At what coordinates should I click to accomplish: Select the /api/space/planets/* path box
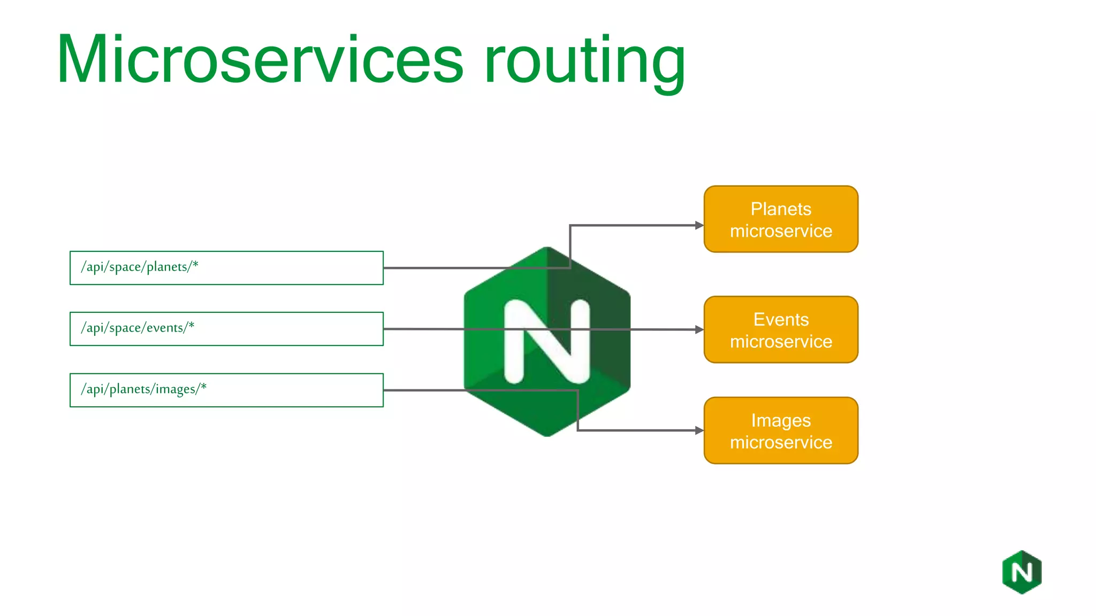click(226, 268)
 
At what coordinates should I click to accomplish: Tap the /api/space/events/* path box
click(226, 329)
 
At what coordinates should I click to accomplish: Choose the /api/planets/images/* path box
click(226, 390)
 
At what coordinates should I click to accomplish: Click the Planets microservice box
click(781, 219)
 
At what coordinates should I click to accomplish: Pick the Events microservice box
click(781, 329)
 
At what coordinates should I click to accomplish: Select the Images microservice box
click(781, 430)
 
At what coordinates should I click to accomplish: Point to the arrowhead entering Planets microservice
click(699, 226)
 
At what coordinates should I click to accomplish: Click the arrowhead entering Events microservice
click(699, 330)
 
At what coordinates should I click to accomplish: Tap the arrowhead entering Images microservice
click(699, 430)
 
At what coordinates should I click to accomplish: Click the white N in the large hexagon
click(547, 342)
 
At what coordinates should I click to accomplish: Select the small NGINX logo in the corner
click(1022, 572)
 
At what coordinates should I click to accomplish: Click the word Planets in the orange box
click(781, 209)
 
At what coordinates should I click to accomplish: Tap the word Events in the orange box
click(781, 319)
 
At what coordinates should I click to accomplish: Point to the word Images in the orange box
click(781, 421)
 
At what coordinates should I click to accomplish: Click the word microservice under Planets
click(781, 231)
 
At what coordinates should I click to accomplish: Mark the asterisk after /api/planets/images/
click(203, 386)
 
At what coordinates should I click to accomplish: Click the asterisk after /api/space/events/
click(191, 325)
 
